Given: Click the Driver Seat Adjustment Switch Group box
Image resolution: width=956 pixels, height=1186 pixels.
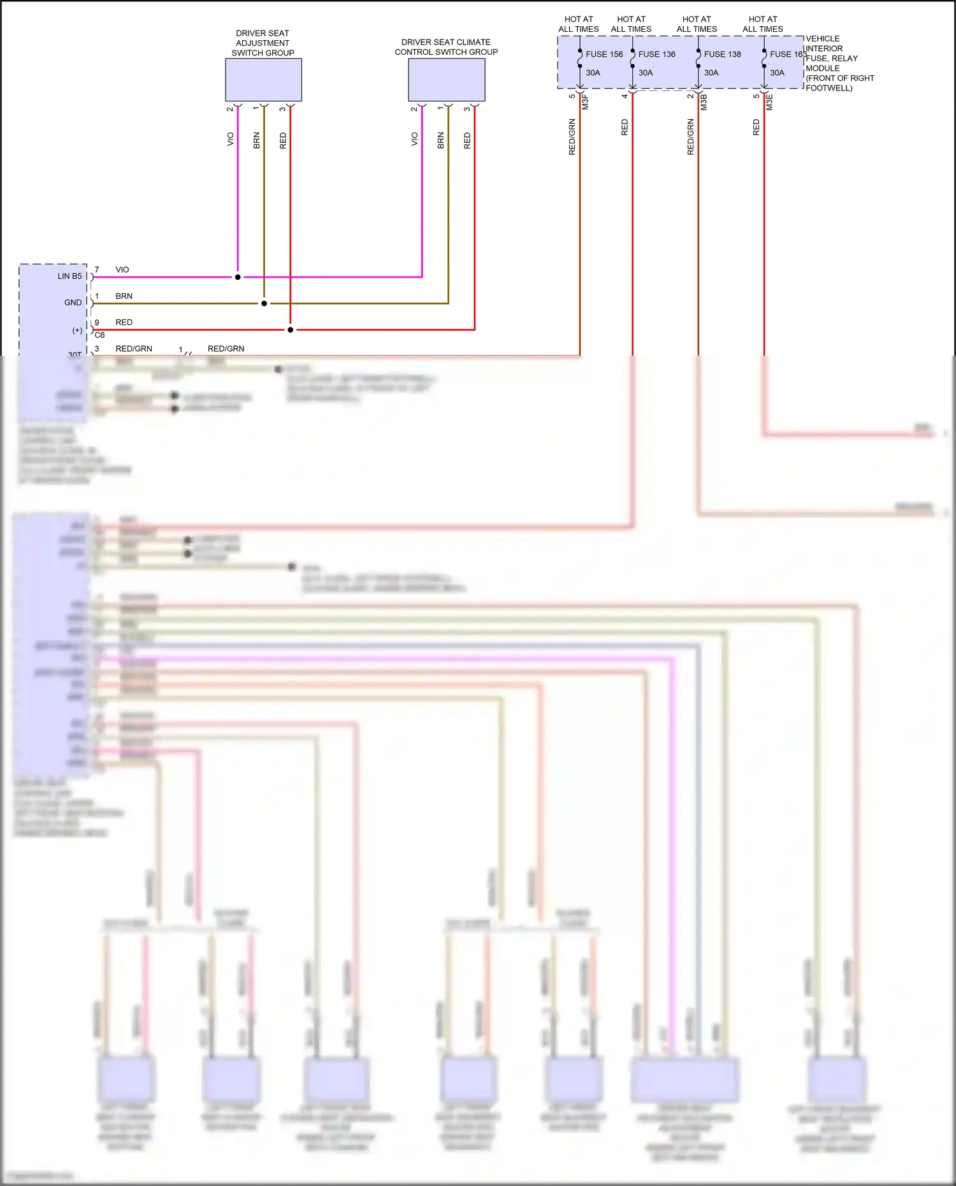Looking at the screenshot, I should click(x=263, y=80).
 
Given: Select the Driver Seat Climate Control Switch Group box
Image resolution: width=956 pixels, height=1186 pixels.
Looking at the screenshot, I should click(x=446, y=80).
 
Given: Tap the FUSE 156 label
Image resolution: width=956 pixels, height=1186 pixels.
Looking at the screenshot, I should click(x=604, y=54).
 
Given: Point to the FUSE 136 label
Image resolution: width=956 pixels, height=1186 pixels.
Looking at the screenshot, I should click(x=656, y=54).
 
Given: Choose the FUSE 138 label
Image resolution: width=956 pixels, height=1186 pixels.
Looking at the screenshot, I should click(x=722, y=54).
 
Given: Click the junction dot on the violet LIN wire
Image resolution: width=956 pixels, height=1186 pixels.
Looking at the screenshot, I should click(x=238, y=277).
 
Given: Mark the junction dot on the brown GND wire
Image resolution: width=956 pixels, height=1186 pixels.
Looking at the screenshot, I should click(x=264, y=303).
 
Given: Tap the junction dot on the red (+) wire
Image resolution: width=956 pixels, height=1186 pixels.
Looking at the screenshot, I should click(x=290, y=329).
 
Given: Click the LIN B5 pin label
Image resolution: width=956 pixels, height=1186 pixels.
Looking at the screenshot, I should click(x=69, y=276).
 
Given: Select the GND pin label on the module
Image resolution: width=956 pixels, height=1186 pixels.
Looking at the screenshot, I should click(x=73, y=303).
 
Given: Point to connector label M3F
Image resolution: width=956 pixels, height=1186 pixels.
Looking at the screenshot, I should click(x=585, y=102).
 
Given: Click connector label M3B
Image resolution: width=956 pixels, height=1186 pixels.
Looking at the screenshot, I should click(x=704, y=102).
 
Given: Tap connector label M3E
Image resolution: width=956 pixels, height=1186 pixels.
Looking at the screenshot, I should click(x=769, y=102).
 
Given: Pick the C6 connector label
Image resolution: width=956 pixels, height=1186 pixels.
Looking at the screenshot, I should click(x=99, y=335).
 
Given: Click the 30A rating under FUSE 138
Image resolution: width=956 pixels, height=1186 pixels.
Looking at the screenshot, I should click(x=711, y=73).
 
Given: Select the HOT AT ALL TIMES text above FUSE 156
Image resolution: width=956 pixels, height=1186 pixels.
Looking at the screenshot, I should click(x=578, y=24).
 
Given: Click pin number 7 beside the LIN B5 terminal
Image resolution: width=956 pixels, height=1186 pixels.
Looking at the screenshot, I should click(x=97, y=270).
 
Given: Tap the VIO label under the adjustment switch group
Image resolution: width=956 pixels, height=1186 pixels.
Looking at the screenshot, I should click(x=231, y=139).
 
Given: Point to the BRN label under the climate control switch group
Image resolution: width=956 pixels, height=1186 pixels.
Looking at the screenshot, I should click(x=440, y=140).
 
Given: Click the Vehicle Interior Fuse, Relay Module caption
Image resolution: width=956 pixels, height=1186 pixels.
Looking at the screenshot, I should click(x=839, y=63).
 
